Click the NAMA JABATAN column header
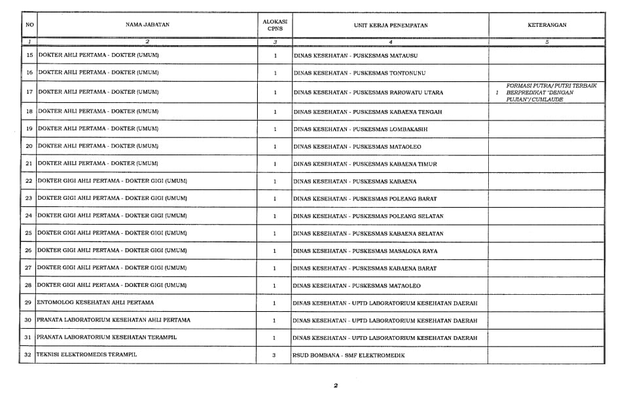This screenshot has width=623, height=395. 147,25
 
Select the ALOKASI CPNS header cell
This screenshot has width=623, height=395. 274,25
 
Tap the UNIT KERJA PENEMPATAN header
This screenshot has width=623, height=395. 390,25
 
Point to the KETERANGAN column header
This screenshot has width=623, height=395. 546,25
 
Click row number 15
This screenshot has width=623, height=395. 29,55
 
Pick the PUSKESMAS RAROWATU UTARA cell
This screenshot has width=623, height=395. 368,92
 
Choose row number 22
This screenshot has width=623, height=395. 29,181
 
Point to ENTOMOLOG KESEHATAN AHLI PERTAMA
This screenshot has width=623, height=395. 96,303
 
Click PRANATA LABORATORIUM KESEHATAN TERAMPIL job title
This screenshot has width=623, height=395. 107,337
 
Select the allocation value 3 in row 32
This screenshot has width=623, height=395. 274,355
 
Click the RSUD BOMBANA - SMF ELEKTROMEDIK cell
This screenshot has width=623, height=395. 349,355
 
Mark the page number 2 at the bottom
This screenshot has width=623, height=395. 336,386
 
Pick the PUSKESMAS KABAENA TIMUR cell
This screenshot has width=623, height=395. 365,164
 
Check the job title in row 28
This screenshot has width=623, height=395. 112,286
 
